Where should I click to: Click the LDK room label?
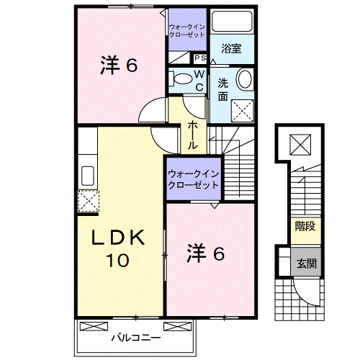118,237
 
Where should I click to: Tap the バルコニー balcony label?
135,336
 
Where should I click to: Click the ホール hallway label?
194,135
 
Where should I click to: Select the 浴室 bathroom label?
231,49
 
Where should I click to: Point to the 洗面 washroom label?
223,89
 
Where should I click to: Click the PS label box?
199,58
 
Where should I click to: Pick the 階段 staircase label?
305,226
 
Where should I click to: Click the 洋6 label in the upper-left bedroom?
118,66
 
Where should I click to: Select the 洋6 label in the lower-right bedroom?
207,253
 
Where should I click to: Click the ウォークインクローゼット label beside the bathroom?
187,32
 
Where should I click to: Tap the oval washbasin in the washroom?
245,80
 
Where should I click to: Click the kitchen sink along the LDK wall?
87,175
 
